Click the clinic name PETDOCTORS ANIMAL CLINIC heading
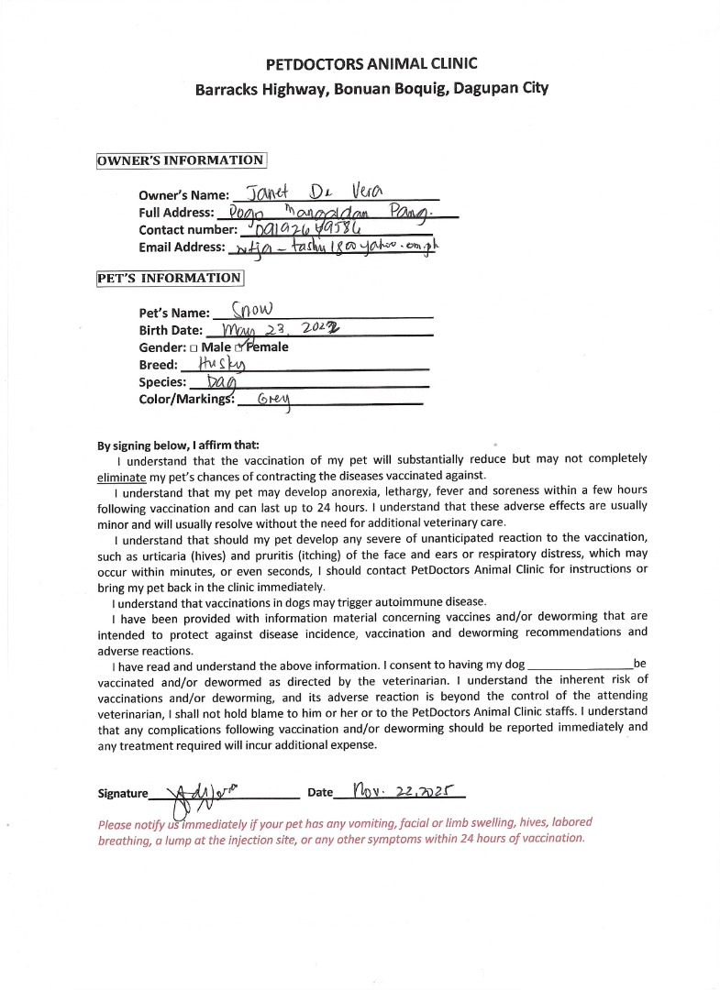371,64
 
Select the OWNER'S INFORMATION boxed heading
181,160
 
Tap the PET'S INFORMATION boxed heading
170,278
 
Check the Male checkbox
194,348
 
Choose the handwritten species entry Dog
219,381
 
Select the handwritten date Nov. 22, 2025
400,790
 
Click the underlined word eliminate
122,477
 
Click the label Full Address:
175,212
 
